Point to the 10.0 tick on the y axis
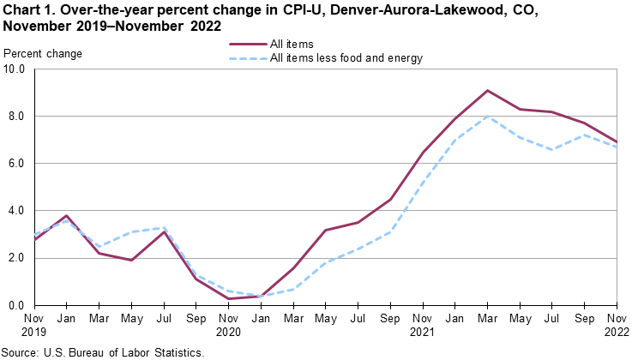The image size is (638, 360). tap(15, 69)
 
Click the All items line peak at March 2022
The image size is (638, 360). tap(487, 90)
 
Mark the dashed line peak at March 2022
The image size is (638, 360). tap(487, 117)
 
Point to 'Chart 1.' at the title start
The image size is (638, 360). tap(29, 9)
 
